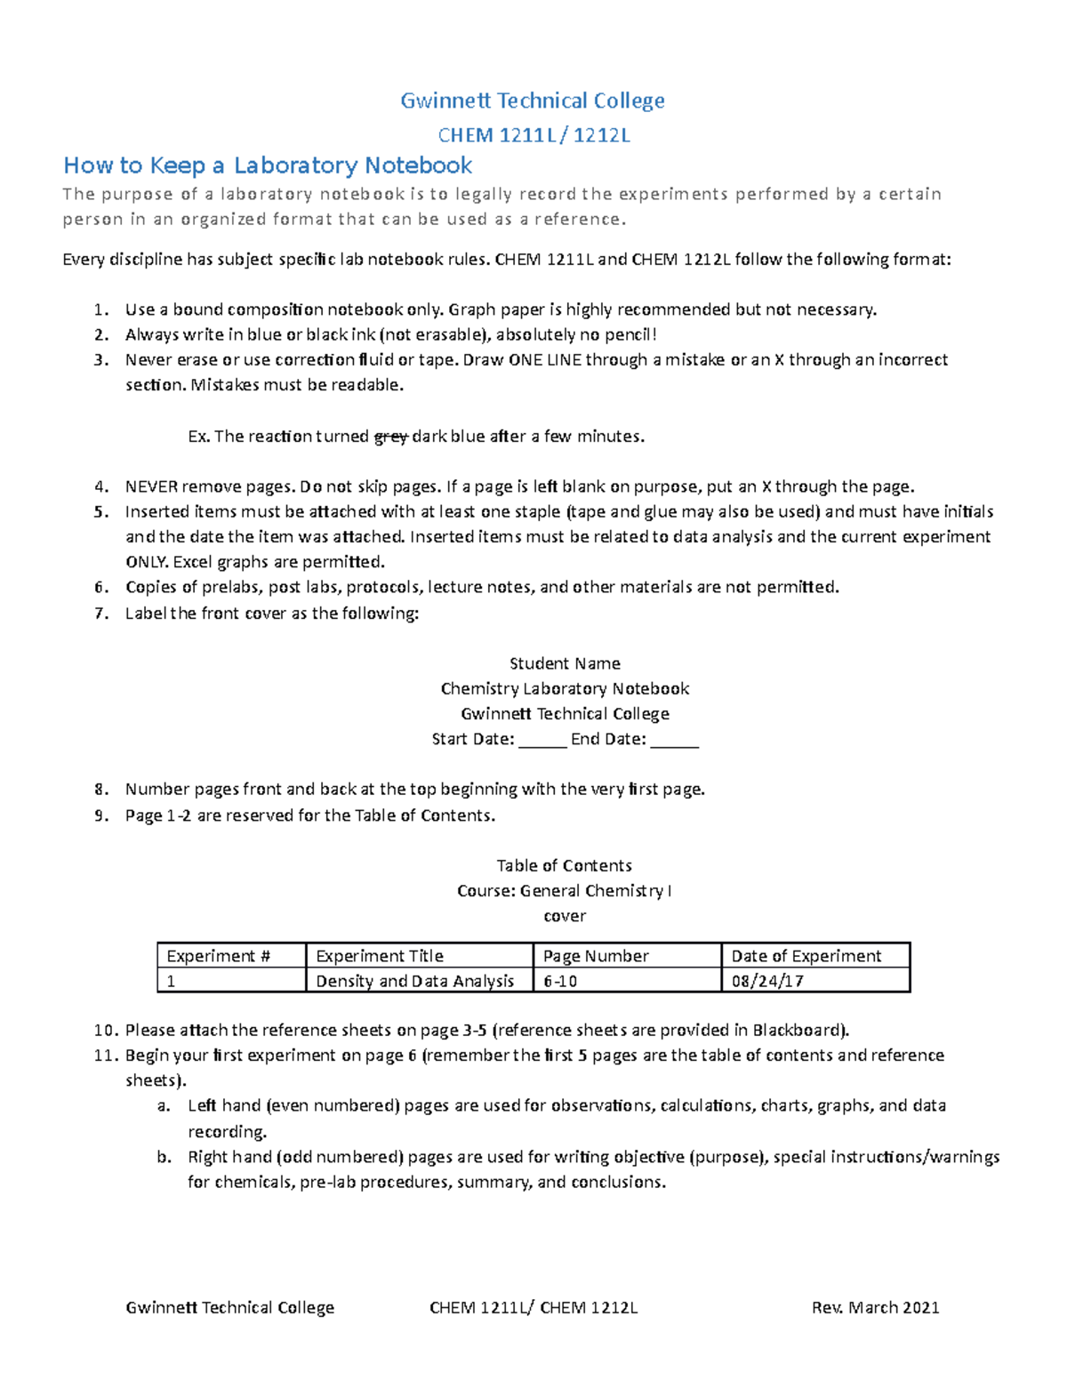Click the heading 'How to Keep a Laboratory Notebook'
(268, 165)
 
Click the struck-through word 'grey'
(390, 437)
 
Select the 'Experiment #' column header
(218, 956)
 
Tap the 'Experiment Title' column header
(380, 956)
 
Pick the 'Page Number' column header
(596, 956)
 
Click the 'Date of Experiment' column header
(806, 956)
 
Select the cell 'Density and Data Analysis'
(414, 981)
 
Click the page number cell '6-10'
(560, 981)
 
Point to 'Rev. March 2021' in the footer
(875, 1307)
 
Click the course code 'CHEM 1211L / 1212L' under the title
(533, 135)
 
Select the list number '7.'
(101, 614)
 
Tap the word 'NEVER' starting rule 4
(151, 486)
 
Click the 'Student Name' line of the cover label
(565, 663)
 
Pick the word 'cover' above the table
(565, 916)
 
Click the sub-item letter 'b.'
(163, 1157)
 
